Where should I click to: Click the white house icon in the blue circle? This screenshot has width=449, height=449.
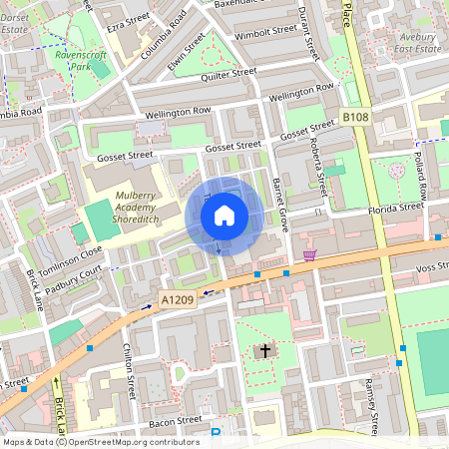224,215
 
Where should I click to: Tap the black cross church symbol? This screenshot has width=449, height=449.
265,350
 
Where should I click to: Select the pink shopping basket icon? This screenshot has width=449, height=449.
310,255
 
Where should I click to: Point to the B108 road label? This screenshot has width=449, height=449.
355,118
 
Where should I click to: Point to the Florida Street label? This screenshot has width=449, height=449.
397,208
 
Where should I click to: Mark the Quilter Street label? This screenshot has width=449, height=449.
229,73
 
